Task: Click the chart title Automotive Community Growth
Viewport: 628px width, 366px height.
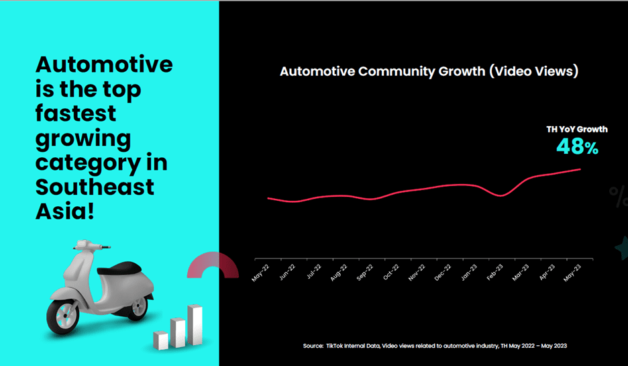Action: [x=429, y=71]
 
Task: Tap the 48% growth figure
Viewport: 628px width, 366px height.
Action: [x=577, y=147]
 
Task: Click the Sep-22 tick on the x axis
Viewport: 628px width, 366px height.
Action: [x=364, y=273]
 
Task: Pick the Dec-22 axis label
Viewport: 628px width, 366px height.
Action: [x=443, y=273]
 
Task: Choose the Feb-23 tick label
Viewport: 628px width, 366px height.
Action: [x=495, y=273]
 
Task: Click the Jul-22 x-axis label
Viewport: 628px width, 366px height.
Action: [x=313, y=273]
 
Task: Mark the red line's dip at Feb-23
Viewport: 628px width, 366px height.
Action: [x=500, y=195]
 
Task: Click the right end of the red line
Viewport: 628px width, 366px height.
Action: [x=580, y=169]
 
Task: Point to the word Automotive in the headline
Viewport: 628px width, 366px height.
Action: [x=104, y=66]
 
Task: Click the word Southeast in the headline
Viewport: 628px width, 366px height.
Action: [x=95, y=187]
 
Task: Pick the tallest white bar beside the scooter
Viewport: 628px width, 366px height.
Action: [x=195, y=326]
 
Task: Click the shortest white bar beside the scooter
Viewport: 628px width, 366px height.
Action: [x=160, y=340]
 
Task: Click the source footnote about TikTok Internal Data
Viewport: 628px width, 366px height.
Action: [x=435, y=345]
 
